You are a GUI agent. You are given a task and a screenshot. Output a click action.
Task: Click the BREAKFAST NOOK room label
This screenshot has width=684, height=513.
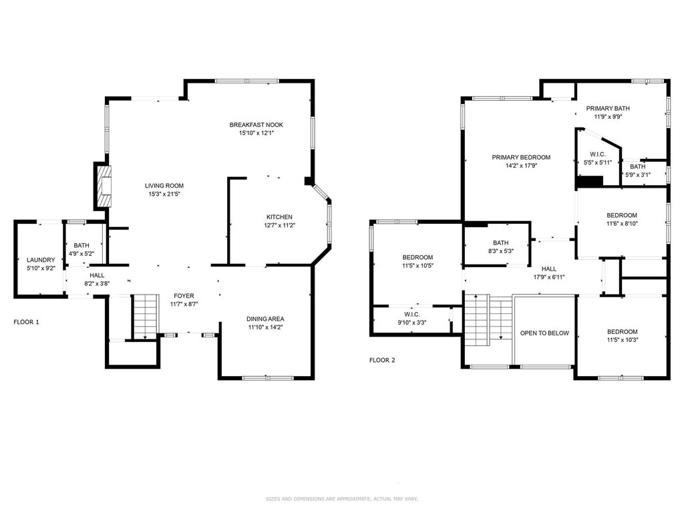point(256,125)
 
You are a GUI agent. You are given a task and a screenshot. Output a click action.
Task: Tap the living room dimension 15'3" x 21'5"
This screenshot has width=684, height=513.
point(164,194)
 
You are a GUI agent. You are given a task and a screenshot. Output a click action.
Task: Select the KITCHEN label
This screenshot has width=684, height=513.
point(279,217)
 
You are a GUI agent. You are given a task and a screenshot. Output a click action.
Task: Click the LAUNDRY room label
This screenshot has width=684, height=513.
point(41,260)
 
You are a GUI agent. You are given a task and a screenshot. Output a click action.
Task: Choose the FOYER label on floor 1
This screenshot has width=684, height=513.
point(184,296)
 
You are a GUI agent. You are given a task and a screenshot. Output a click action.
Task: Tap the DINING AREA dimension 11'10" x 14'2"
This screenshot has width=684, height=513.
point(265,327)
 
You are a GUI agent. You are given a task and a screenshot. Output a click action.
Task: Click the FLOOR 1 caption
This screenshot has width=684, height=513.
point(26,322)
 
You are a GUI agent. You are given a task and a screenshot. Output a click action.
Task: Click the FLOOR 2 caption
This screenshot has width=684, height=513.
point(382,360)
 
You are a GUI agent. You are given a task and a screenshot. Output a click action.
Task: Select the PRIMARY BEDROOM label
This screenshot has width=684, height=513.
point(521,157)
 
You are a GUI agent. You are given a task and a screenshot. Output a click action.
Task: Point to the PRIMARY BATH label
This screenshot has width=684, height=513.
point(608,108)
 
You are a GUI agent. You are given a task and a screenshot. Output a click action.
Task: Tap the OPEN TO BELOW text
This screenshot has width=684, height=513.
point(544,333)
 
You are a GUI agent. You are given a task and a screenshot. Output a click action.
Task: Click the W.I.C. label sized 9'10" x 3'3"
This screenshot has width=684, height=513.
point(411,314)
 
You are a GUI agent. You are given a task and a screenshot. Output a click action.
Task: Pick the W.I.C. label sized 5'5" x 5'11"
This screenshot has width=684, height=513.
point(598,154)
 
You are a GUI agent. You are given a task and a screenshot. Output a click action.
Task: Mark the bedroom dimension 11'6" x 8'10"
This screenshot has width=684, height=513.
point(622,223)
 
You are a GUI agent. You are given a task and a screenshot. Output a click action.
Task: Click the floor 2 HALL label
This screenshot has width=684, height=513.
point(549,269)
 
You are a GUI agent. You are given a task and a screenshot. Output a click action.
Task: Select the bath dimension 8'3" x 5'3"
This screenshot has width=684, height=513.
point(501,251)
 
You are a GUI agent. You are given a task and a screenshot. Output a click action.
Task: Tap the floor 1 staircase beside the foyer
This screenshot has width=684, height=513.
point(146,316)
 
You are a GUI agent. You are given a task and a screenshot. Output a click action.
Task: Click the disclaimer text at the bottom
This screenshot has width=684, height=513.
point(342,498)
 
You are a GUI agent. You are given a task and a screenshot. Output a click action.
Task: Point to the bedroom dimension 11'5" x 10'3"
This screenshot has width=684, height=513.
point(622,340)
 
